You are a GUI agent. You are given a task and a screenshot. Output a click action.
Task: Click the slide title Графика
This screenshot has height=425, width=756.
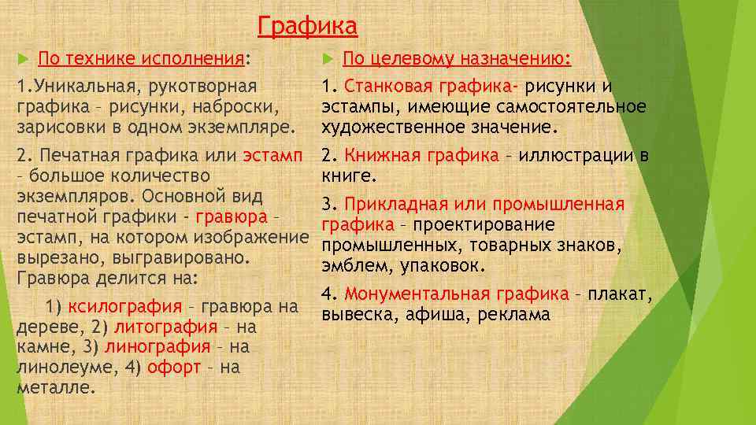307,28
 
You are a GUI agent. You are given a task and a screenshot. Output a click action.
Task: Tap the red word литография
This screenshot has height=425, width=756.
165,327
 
